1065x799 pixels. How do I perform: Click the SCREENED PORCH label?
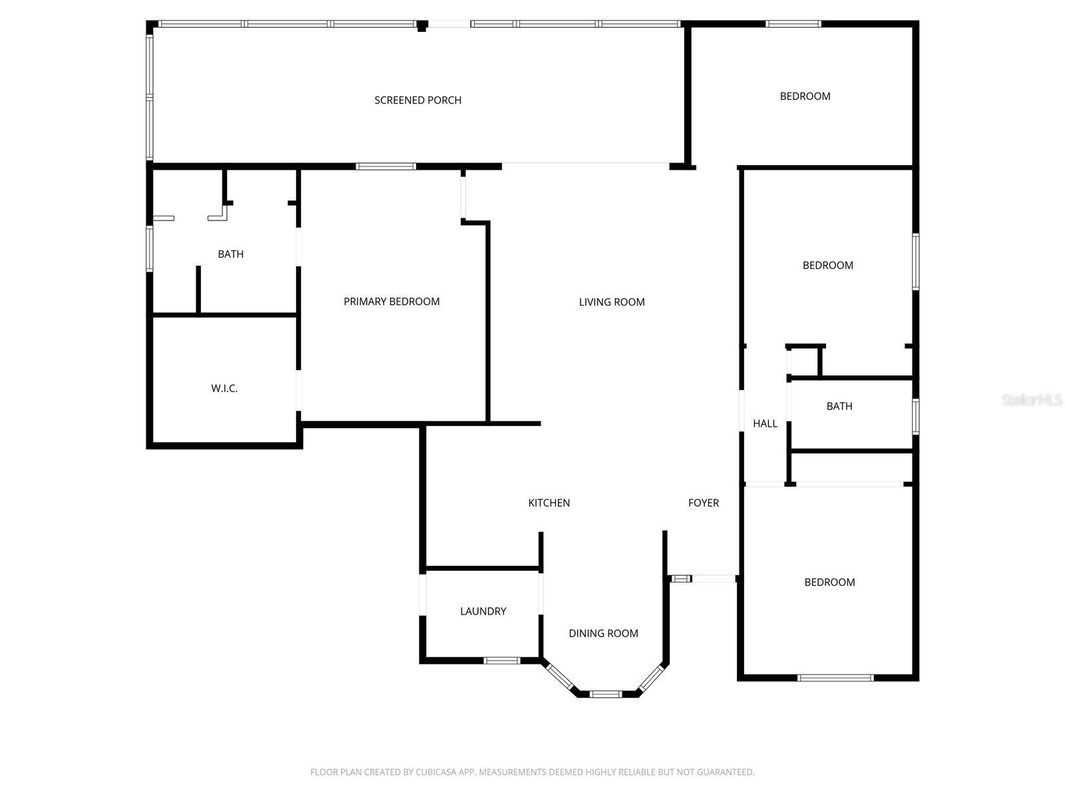click(x=418, y=101)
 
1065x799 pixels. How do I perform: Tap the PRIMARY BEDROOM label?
click(x=391, y=302)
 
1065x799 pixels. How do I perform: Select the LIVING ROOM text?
click(x=612, y=302)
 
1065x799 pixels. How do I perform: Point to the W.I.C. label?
click(x=224, y=388)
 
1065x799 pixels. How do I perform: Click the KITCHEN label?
click(x=548, y=503)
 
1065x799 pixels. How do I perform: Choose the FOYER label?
click(x=704, y=503)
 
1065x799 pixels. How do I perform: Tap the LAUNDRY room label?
click(x=483, y=611)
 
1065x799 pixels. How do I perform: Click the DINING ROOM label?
click(x=604, y=633)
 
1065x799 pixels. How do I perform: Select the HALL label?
click(x=765, y=423)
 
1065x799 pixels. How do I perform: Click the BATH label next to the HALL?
click(x=839, y=406)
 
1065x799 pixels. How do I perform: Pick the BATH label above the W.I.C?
click(x=230, y=254)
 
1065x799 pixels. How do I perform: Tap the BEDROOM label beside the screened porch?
click(x=805, y=96)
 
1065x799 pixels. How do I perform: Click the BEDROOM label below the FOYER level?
click(x=829, y=582)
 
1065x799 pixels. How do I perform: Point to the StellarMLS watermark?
click(x=1032, y=400)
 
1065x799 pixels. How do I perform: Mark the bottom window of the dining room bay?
click(x=606, y=694)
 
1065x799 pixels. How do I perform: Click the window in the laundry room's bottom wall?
click(x=502, y=661)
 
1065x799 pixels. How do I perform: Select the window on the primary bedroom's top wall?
click(x=385, y=166)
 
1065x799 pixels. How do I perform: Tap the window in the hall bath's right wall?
click(x=915, y=416)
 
